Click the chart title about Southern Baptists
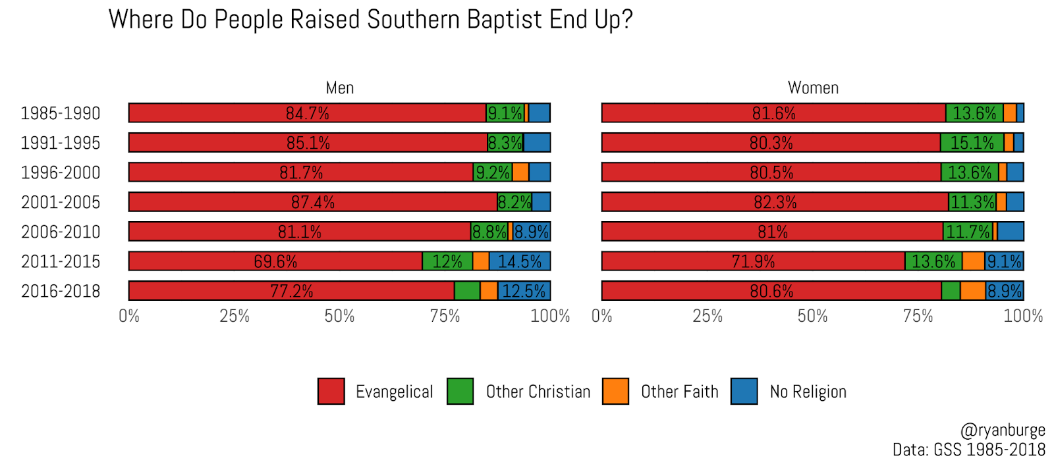370,20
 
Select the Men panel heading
340,88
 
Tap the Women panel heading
813,88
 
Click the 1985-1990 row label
61,113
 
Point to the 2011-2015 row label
61,261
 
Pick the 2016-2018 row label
61,291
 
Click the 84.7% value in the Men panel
307,113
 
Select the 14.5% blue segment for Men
519,261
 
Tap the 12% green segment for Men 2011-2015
447,261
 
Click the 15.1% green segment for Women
972,143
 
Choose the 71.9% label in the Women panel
753,261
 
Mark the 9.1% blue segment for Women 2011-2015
1004,261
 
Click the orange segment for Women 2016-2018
973,291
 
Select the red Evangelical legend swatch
331,391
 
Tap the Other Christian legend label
538,392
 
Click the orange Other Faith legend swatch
615,391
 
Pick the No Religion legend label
808,392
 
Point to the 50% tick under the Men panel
339,317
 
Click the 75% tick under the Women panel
918,317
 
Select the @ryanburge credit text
1003,430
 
